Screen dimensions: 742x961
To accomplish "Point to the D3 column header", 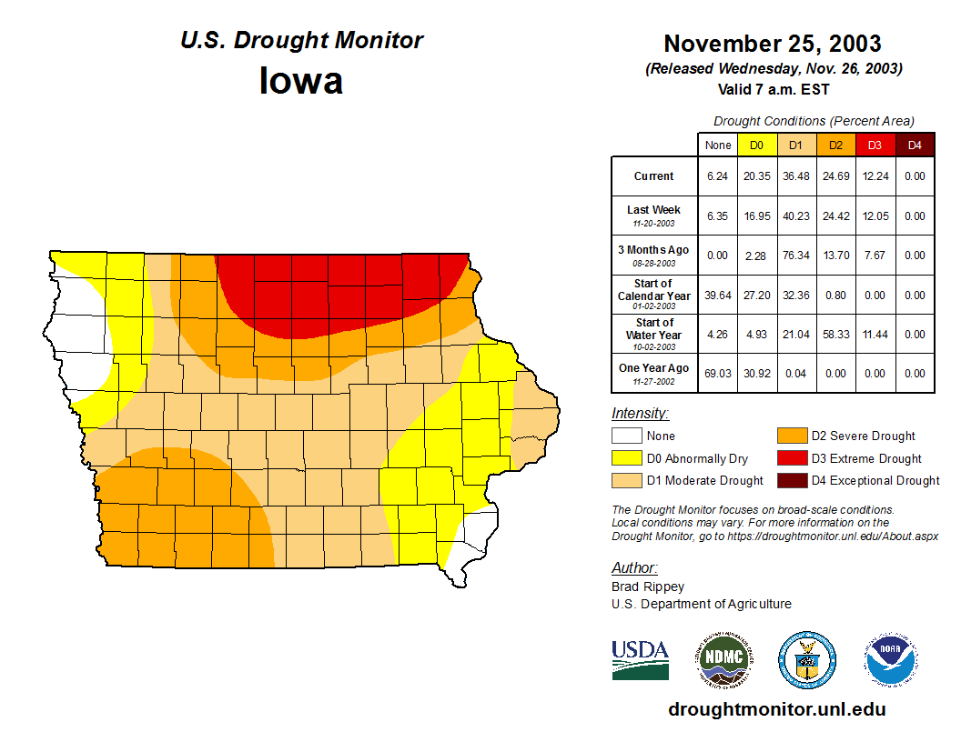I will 875,145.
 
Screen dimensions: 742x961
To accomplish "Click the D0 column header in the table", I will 757,145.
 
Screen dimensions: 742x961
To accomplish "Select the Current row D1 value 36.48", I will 796,176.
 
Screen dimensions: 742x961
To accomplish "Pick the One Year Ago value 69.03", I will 718,374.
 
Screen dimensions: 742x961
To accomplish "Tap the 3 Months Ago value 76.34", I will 796,256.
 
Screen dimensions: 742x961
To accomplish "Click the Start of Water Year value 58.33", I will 835,335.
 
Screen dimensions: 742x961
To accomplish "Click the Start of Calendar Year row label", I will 654,295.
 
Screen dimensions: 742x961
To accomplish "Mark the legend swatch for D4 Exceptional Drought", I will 791,480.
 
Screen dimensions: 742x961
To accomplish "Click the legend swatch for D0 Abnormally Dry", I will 626,458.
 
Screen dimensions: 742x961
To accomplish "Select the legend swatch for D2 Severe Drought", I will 791,436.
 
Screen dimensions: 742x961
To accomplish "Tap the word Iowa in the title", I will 301,81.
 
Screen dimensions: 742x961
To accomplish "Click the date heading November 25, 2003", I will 773,44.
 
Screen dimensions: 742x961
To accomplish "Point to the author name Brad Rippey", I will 648,587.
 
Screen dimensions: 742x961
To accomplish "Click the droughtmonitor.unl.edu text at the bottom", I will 777,709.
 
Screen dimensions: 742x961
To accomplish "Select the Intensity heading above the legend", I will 640,414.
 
